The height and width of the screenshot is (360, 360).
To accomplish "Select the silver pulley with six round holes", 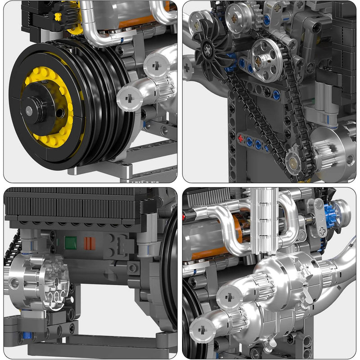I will pos(267,60).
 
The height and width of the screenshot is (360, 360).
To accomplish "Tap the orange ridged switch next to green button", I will pos(90,243).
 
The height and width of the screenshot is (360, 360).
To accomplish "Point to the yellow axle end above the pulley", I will pos(58,16).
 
